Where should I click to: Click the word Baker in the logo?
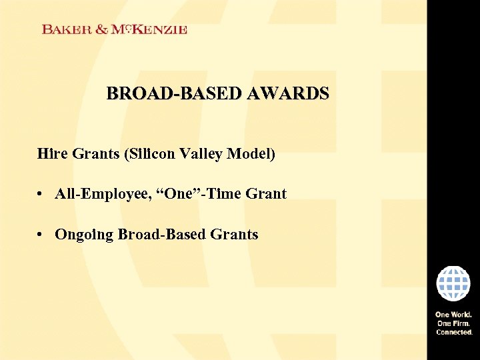65,29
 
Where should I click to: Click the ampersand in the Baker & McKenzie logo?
99,29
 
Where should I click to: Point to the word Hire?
52,154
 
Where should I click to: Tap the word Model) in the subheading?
251,154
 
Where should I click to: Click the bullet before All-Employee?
41,195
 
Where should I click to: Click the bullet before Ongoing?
41,235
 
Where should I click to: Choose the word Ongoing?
83,235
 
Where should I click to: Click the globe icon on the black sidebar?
453,283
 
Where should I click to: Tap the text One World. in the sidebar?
453,315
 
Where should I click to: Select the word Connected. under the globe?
453,331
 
